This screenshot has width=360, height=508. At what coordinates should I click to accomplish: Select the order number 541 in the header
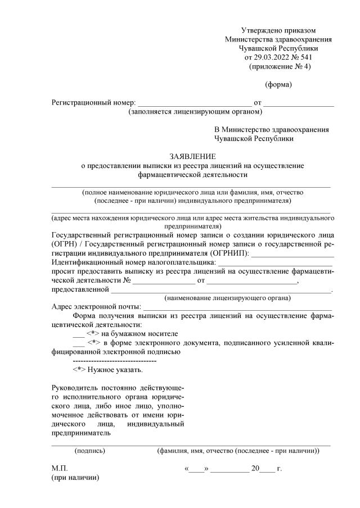pos(306,57)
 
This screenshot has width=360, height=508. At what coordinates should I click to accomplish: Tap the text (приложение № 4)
pos(279,66)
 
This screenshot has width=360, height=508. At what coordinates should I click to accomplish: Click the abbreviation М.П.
pos(59,468)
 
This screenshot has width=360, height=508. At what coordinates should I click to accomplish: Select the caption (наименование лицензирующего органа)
pos(227,298)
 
